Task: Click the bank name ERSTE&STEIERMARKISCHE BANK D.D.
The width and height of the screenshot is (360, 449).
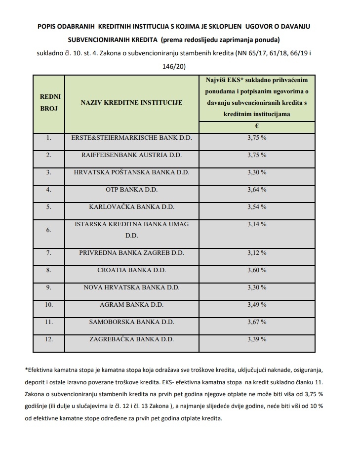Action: (131, 138)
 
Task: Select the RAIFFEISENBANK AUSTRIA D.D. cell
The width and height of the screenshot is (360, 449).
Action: (131, 155)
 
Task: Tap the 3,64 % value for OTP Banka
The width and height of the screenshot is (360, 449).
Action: (257, 190)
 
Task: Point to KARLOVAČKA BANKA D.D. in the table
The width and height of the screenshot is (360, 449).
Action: (131, 207)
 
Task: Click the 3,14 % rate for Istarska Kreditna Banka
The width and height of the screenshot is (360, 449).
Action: (257, 224)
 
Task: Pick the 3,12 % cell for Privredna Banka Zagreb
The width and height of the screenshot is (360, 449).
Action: (257, 253)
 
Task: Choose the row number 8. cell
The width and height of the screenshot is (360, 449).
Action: (49, 270)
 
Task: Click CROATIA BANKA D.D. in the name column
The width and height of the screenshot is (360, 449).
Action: (131, 270)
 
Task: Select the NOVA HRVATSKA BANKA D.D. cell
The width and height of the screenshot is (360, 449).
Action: (131, 287)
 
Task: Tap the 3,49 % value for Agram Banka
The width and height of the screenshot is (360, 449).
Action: (257, 305)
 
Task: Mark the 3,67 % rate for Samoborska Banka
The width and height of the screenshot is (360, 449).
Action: (257, 322)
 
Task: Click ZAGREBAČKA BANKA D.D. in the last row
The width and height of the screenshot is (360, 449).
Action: (131, 339)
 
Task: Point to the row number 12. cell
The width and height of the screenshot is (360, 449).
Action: (49, 339)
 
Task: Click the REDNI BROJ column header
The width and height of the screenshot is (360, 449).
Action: (49, 103)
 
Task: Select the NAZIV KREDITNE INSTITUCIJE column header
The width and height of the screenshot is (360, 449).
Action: (131, 103)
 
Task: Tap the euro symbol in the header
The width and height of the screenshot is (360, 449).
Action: (257, 126)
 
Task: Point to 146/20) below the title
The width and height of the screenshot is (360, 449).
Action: (180, 65)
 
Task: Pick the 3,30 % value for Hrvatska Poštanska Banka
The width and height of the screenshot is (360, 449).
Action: (257, 172)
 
